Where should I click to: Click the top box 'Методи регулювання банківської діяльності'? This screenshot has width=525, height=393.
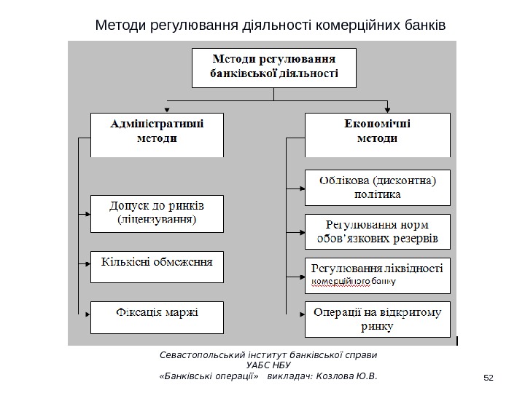[x=273, y=67]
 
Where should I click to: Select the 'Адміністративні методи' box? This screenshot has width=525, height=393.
[x=157, y=134]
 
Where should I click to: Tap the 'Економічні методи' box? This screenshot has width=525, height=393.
[x=376, y=134]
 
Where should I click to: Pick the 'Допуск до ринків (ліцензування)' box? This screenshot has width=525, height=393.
[x=157, y=212]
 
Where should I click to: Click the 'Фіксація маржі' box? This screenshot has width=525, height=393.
[x=157, y=314]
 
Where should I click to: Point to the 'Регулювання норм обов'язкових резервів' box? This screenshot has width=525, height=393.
[x=376, y=231]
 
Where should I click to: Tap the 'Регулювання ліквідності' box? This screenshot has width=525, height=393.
[x=376, y=273]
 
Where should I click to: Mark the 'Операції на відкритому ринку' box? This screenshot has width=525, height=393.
[x=376, y=318]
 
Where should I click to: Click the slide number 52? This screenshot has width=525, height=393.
[x=489, y=376]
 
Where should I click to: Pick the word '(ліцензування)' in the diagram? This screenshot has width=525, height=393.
[x=157, y=218]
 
